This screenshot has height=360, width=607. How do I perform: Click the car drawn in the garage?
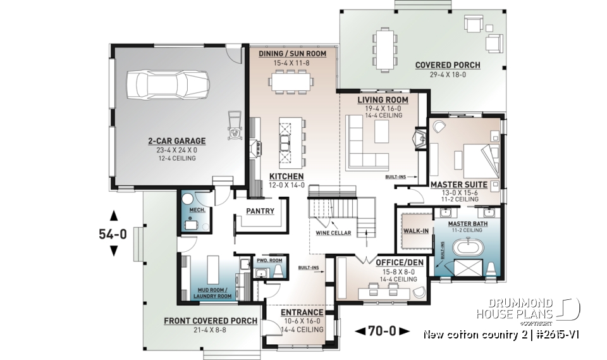[168, 84]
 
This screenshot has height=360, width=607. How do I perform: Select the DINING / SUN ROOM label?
[293, 54]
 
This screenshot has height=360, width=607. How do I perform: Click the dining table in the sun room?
[292, 81]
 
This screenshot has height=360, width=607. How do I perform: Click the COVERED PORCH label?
[447, 65]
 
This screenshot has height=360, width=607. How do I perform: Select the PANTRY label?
[261, 211]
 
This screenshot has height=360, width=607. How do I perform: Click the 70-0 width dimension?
[382, 330]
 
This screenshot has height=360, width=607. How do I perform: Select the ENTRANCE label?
[302, 313]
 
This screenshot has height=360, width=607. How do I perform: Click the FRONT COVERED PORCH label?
[211, 321]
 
